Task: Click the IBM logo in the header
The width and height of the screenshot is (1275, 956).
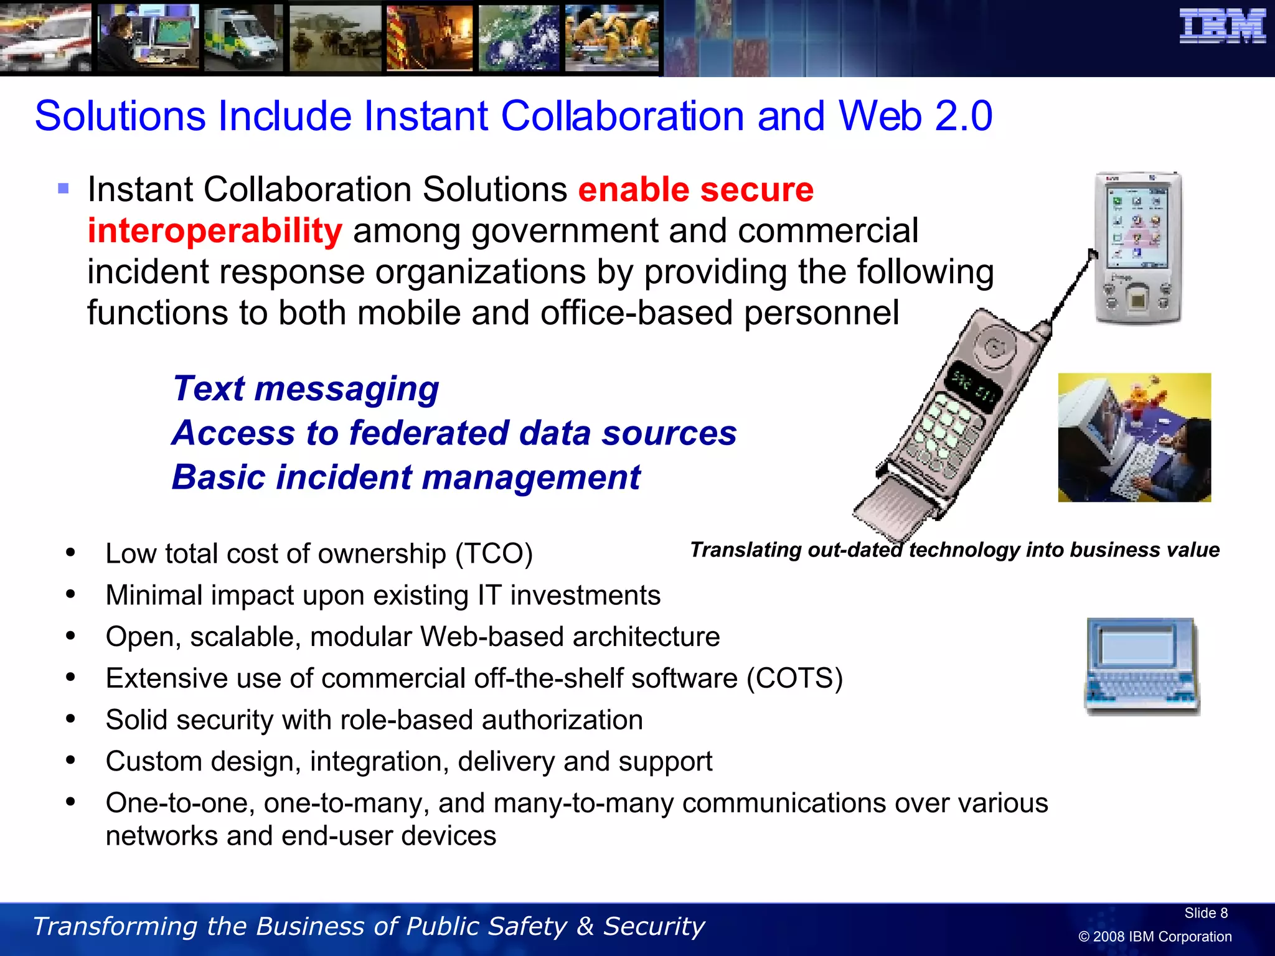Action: click(x=1222, y=27)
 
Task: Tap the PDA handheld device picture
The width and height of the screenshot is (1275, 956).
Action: click(x=1138, y=248)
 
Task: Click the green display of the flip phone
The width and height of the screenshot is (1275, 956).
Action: click(x=972, y=387)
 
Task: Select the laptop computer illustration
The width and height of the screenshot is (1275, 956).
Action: click(x=1142, y=667)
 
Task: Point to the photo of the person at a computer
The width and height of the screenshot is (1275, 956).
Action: click(x=1134, y=438)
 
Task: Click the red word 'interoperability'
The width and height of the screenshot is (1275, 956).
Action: click(x=215, y=231)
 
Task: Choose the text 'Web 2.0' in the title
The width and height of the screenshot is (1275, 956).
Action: click(x=915, y=116)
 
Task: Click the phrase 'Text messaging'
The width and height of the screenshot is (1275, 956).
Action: click(x=306, y=389)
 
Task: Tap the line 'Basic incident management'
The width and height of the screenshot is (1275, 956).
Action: click(x=406, y=477)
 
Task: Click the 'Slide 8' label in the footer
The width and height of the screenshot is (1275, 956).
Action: click(x=1205, y=913)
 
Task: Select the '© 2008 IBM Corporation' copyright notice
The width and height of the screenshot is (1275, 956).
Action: click(x=1155, y=937)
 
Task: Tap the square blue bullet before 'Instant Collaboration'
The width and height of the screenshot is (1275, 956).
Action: click(x=64, y=188)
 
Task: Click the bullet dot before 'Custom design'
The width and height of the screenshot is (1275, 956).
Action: click(x=70, y=761)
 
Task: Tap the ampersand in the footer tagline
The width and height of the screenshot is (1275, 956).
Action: click(x=585, y=926)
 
